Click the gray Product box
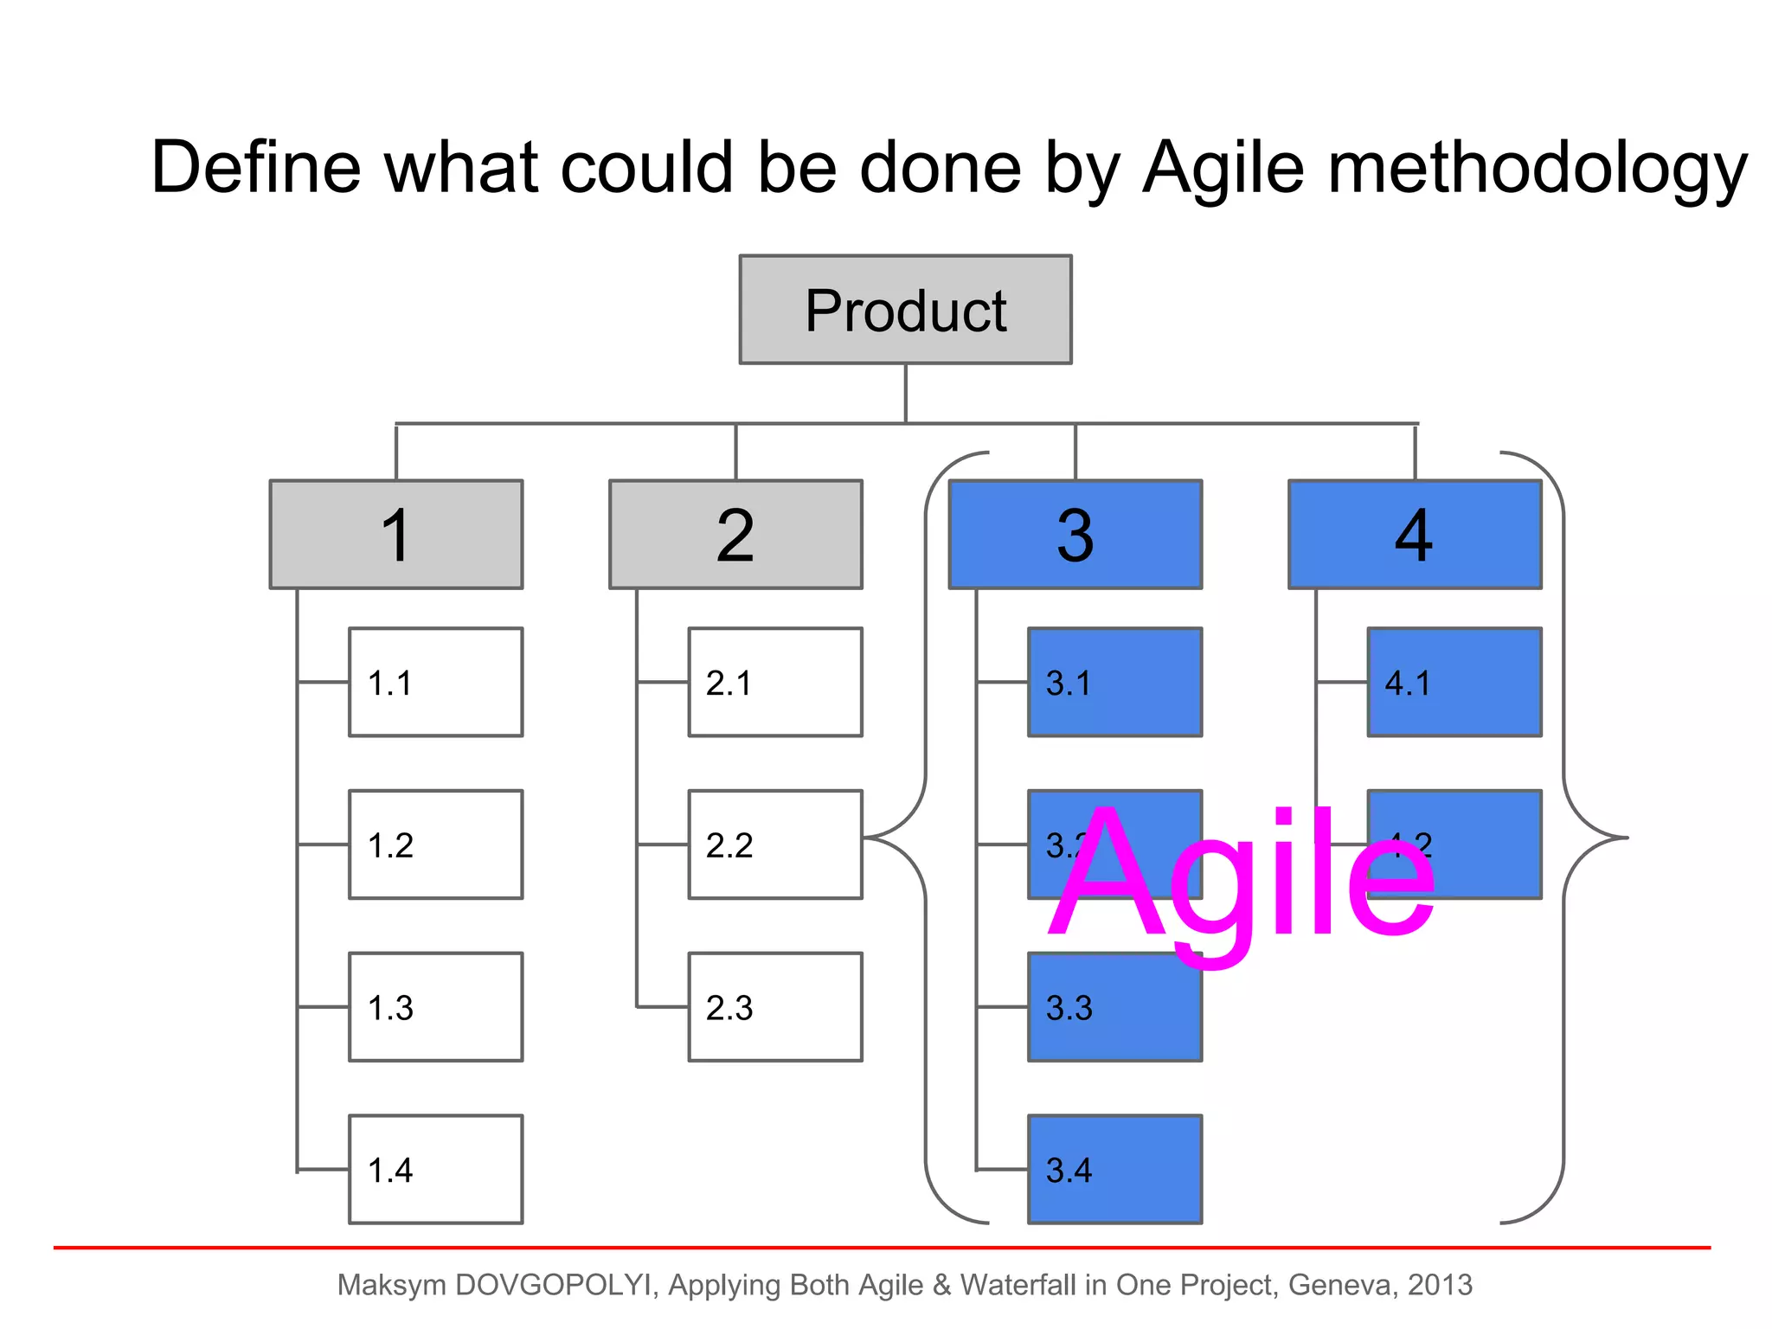(x=905, y=310)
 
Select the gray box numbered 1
(x=396, y=535)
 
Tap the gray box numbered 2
(x=735, y=535)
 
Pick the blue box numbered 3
(x=1075, y=535)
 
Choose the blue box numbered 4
(x=1415, y=535)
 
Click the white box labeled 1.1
(x=435, y=683)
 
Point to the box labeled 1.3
(x=435, y=1007)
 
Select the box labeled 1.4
(x=435, y=1170)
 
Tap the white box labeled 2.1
(x=775, y=683)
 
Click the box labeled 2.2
(x=775, y=844)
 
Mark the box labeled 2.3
(x=775, y=1007)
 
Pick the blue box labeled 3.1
(x=1114, y=683)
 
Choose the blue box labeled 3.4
(x=1114, y=1170)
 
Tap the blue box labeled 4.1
(x=1454, y=683)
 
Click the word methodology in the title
(x=1537, y=169)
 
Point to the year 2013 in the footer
(x=1440, y=1286)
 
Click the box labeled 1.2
(x=435, y=844)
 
